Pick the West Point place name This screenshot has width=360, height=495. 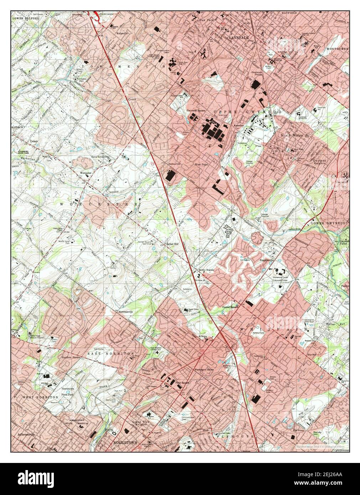[x=201, y=165]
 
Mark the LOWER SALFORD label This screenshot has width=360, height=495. [x=25, y=18]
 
